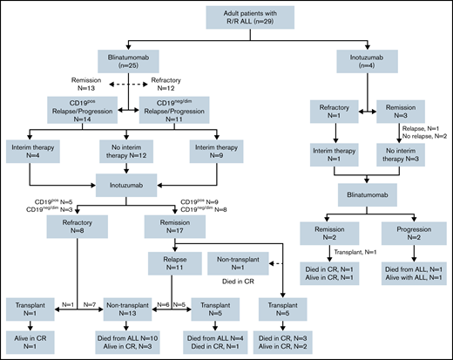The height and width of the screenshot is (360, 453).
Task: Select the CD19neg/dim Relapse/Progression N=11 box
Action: click(166, 114)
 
